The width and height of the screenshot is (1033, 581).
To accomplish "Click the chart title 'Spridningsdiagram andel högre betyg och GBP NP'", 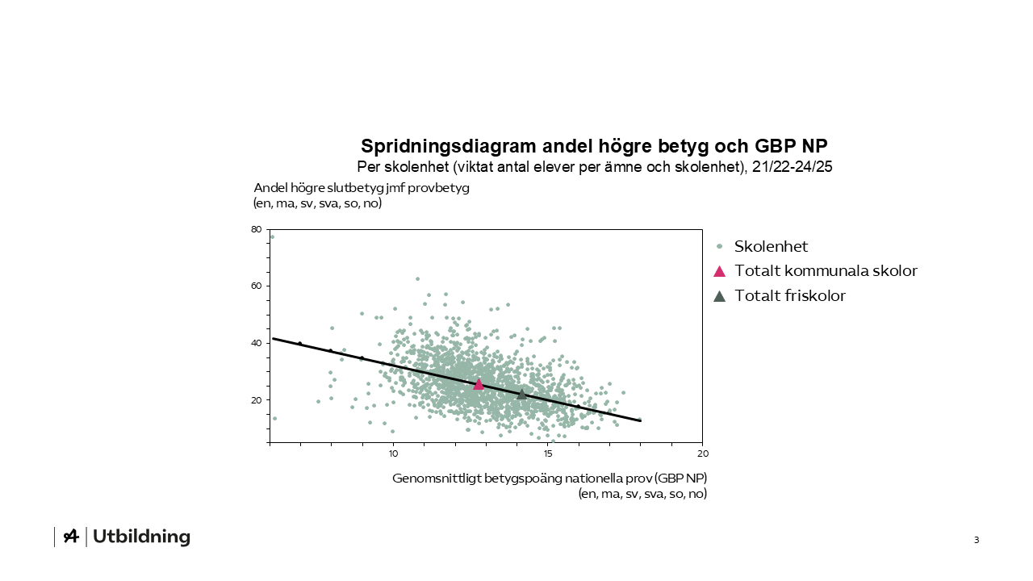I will [594, 146].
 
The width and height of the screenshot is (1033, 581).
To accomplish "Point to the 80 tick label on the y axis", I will [257, 229].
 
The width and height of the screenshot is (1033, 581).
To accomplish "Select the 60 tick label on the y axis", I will [257, 286].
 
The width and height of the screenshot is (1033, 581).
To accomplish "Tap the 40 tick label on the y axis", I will [257, 343].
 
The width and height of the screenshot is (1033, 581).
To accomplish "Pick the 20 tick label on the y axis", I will [257, 400].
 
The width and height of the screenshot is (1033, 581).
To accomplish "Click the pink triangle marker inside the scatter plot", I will [479, 384].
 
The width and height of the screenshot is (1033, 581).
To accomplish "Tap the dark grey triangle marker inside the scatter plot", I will [521, 394].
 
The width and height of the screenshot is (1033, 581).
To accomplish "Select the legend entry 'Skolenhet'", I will [771, 246].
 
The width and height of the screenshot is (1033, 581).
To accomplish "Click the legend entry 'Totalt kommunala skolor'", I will [826, 271].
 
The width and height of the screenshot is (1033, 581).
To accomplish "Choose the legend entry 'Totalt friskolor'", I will [790, 296].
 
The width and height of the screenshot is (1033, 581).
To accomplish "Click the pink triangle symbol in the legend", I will [719, 271].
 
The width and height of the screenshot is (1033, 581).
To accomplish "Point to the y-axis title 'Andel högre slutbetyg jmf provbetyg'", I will [362, 188].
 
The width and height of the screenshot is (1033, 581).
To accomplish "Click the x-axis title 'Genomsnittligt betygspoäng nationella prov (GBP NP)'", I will [550, 478].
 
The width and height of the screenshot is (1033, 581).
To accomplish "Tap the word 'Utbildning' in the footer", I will [142, 537].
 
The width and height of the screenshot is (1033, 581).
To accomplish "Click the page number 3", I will [976, 540].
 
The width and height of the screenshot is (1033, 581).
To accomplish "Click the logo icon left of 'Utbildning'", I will [71, 537].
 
